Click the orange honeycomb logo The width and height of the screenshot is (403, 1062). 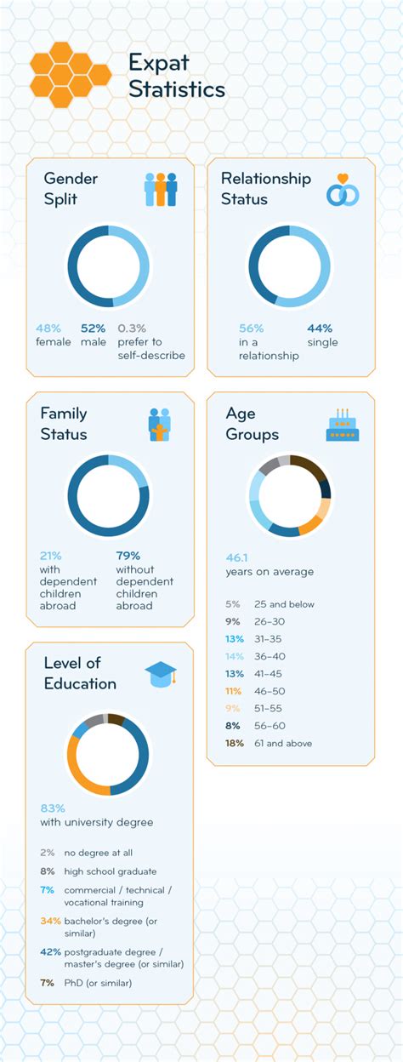[x=71, y=75]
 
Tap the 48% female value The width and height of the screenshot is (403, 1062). [x=48, y=328]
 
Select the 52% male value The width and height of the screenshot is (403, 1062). [x=93, y=328]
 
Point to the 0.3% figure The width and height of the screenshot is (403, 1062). [x=132, y=328]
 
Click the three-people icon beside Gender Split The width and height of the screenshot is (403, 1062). [x=160, y=189]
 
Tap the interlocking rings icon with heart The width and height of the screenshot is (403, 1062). [x=343, y=191]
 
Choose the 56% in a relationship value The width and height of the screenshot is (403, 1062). [x=251, y=328]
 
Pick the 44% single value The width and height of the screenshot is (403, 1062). [x=320, y=328]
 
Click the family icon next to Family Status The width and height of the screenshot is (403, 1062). [x=160, y=425]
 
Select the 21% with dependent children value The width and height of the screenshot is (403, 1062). [x=50, y=556]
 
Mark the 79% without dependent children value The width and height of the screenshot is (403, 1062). [x=128, y=556]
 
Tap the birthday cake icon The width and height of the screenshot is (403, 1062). [x=343, y=425]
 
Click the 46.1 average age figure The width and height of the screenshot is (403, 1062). [x=237, y=557]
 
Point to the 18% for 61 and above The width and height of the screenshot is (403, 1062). [x=234, y=743]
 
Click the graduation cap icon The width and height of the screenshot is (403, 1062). [x=160, y=673]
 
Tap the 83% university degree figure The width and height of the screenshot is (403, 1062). [x=53, y=808]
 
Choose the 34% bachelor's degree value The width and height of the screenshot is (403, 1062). [x=50, y=921]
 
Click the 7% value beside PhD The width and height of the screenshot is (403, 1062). [x=47, y=983]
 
